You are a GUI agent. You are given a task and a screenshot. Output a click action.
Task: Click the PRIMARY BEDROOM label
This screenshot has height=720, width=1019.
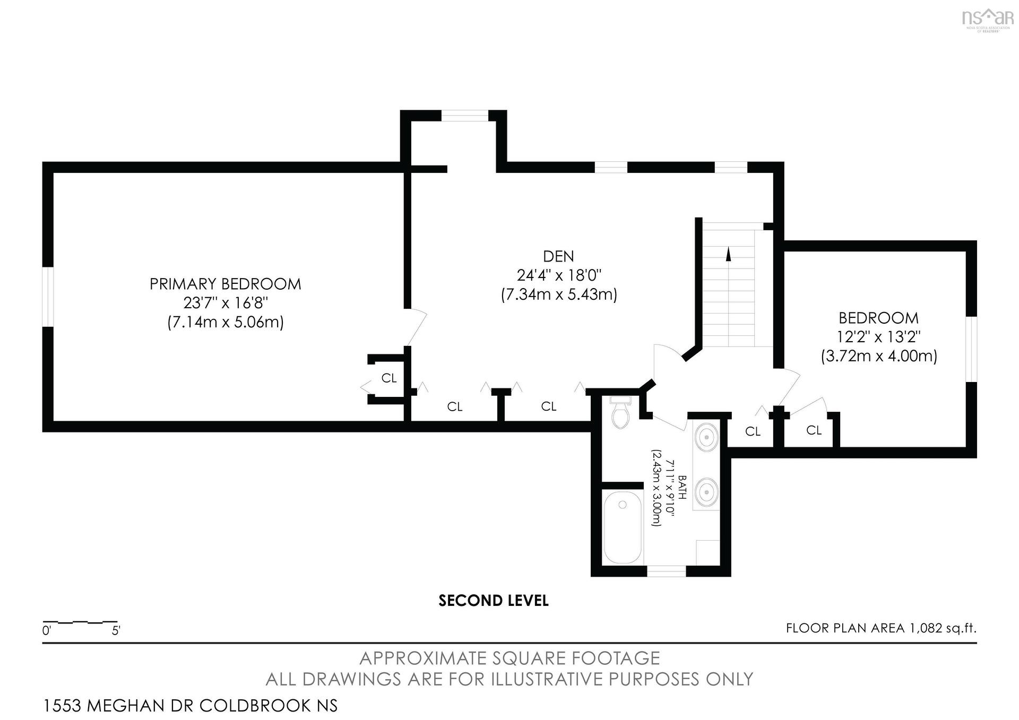click(x=225, y=284)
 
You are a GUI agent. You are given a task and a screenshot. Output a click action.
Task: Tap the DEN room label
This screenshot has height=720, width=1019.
click(x=558, y=256)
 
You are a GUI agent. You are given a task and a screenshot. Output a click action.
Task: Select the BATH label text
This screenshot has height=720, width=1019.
click(x=683, y=488)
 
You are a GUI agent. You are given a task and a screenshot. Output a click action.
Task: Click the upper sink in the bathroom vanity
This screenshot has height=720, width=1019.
click(x=707, y=437)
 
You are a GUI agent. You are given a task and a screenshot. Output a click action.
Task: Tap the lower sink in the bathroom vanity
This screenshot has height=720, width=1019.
click(x=707, y=490)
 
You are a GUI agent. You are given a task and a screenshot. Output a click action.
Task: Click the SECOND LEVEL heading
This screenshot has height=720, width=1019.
click(x=494, y=601)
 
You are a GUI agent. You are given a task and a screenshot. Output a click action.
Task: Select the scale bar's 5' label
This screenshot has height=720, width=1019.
click(x=116, y=631)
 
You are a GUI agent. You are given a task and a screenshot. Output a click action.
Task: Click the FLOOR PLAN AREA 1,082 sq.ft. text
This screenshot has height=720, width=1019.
click(x=881, y=628)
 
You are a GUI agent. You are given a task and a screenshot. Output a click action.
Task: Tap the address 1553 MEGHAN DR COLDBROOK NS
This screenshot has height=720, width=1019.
click(x=190, y=706)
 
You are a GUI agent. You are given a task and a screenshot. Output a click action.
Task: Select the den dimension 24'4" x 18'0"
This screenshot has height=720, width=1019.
click(x=559, y=275)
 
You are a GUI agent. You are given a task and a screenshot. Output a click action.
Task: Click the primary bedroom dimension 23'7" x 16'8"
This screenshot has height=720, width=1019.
click(x=226, y=303)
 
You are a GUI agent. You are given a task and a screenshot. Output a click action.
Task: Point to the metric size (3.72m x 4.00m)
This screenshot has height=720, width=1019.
click(x=879, y=355)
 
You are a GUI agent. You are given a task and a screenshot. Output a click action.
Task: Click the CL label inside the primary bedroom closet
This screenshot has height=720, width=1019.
click(x=389, y=378)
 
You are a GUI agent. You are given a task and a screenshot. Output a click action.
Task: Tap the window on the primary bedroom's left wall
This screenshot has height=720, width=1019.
click(x=48, y=297)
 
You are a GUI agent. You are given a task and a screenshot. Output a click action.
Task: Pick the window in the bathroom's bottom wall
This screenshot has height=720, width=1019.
click(x=666, y=571)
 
